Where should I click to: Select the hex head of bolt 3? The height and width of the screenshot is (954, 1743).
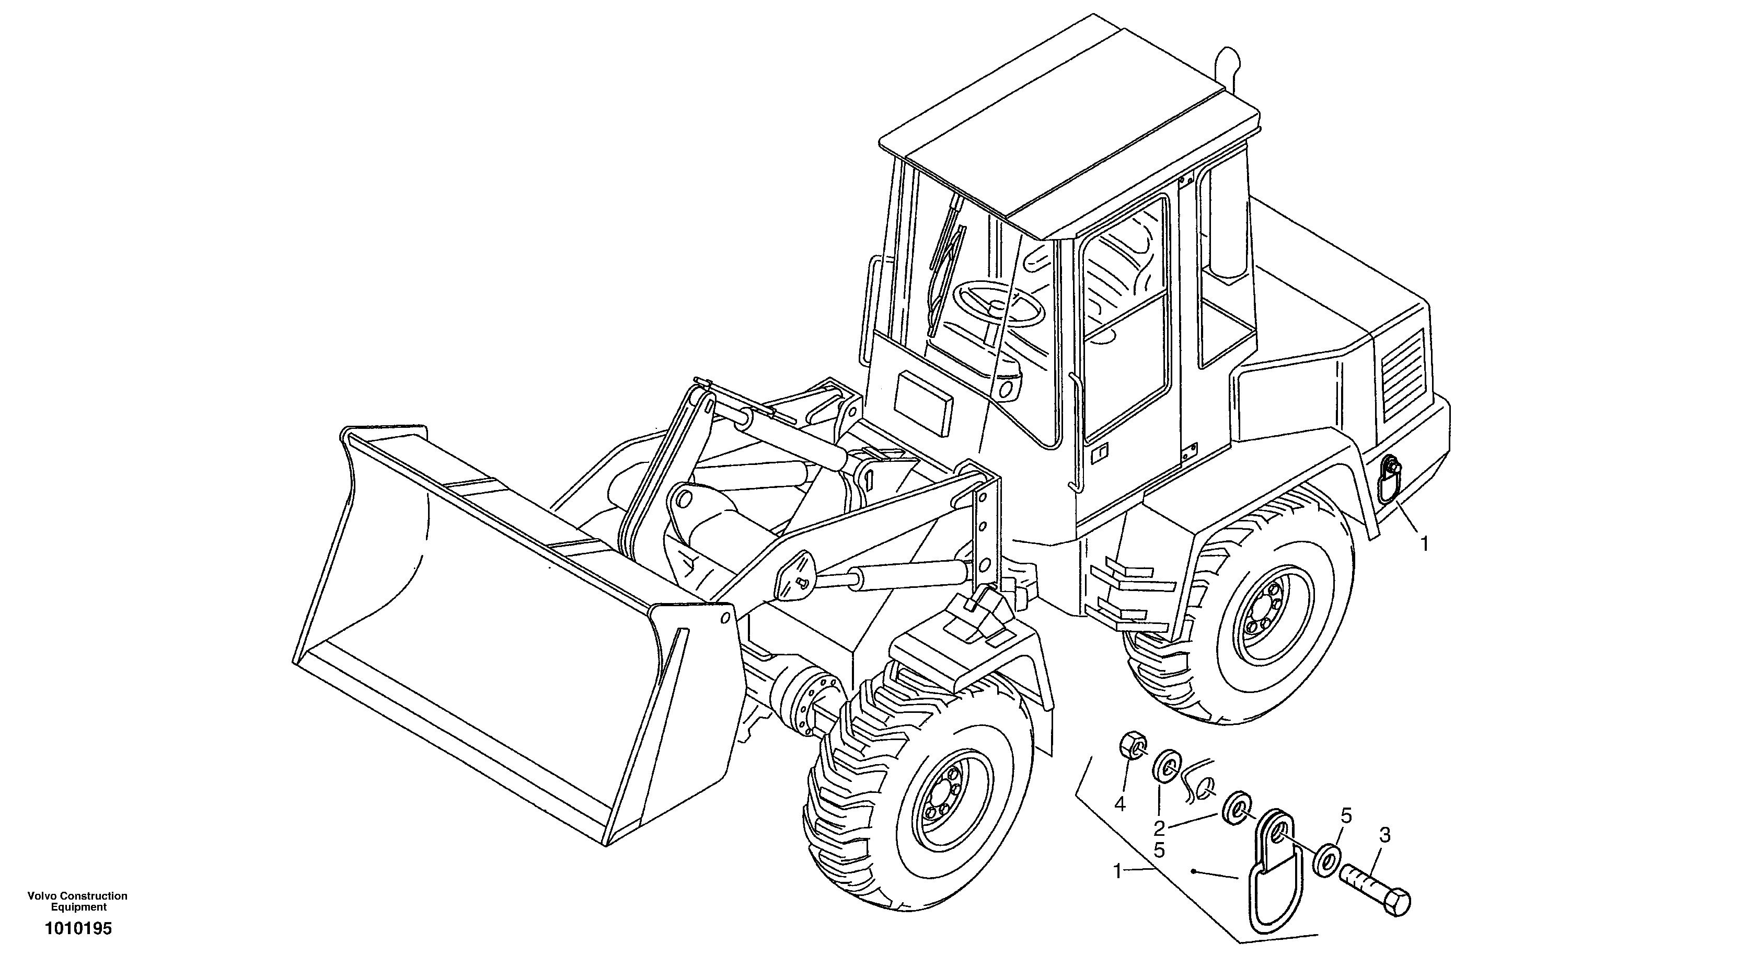[x=1398, y=904]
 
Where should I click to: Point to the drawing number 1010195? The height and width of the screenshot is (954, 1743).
[x=78, y=929]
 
